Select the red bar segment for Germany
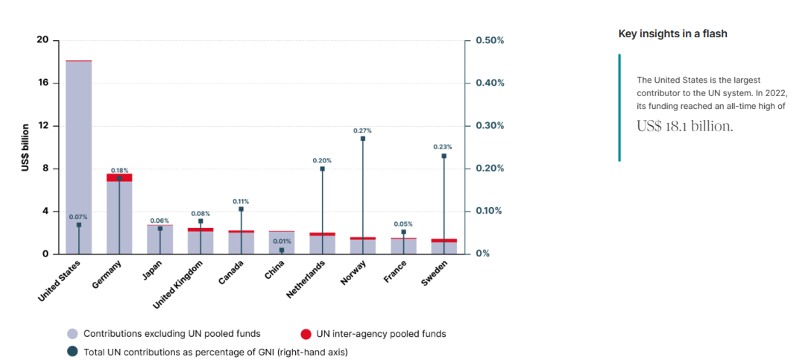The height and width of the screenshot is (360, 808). coord(119,177)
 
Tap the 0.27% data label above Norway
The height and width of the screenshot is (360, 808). coord(363,130)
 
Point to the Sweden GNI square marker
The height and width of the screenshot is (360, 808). coord(444,156)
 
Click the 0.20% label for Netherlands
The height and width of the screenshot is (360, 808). coord(322,160)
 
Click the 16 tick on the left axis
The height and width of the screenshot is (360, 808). coord(42,83)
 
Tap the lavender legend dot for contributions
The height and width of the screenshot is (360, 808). coord(72,334)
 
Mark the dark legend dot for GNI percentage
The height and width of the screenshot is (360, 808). coord(72,351)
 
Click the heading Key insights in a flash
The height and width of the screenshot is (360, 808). coord(672,34)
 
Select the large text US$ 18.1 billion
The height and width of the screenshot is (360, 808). coord(684,126)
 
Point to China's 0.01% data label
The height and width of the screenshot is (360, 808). coord(282,241)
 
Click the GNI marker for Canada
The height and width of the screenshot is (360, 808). coord(241,209)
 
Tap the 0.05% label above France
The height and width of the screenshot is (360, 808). coord(403,224)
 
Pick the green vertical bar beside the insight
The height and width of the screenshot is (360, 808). coord(619,107)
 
